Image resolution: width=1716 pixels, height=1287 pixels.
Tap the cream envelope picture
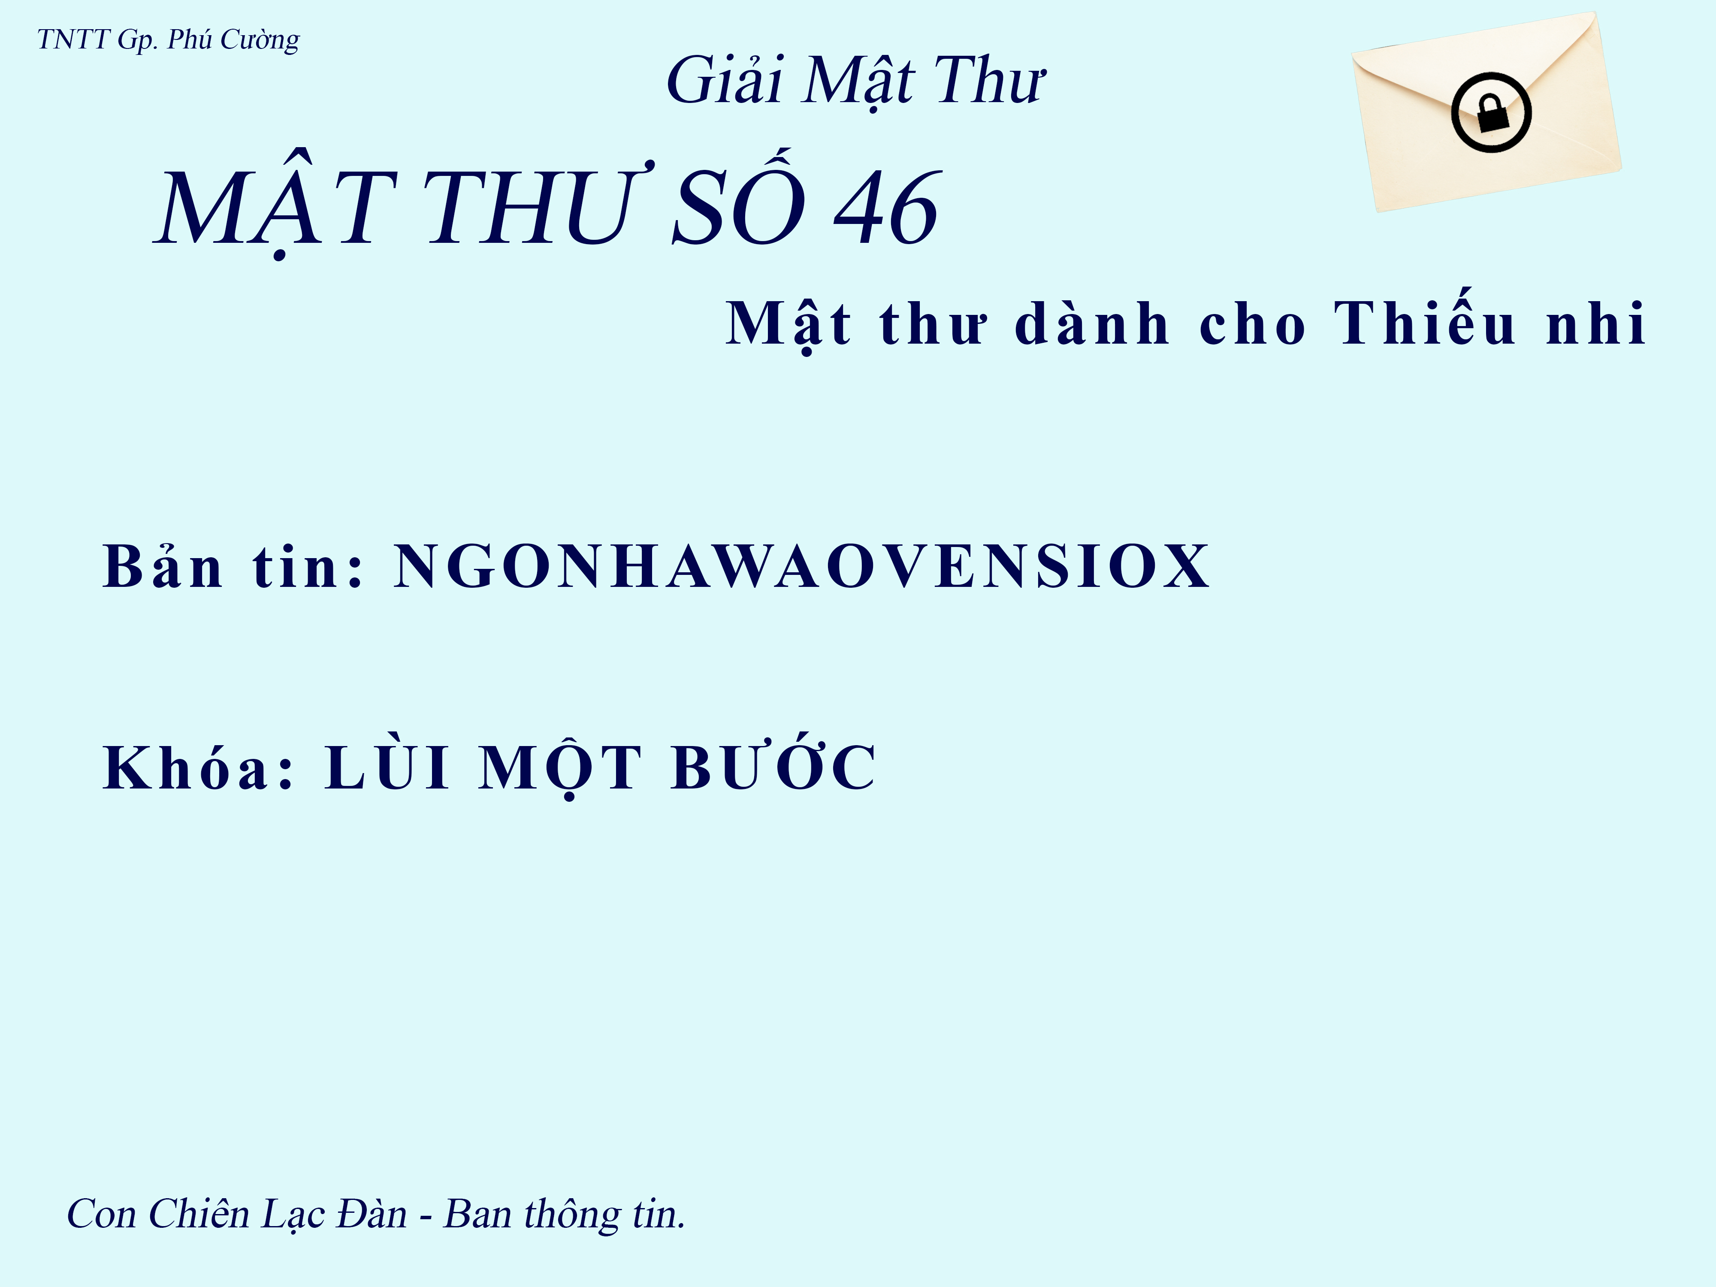(1486, 112)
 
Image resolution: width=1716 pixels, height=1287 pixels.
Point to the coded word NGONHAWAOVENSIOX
(801, 566)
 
